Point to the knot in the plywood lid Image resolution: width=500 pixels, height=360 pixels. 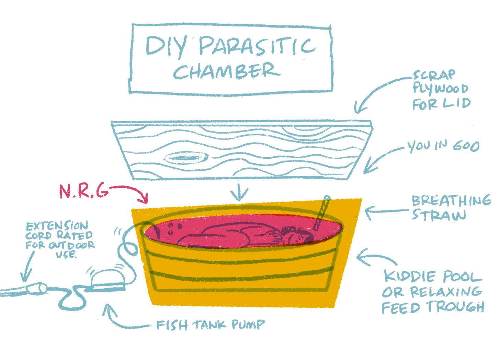(x=186, y=158)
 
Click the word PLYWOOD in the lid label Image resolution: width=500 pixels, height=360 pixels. (x=440, y=89)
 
